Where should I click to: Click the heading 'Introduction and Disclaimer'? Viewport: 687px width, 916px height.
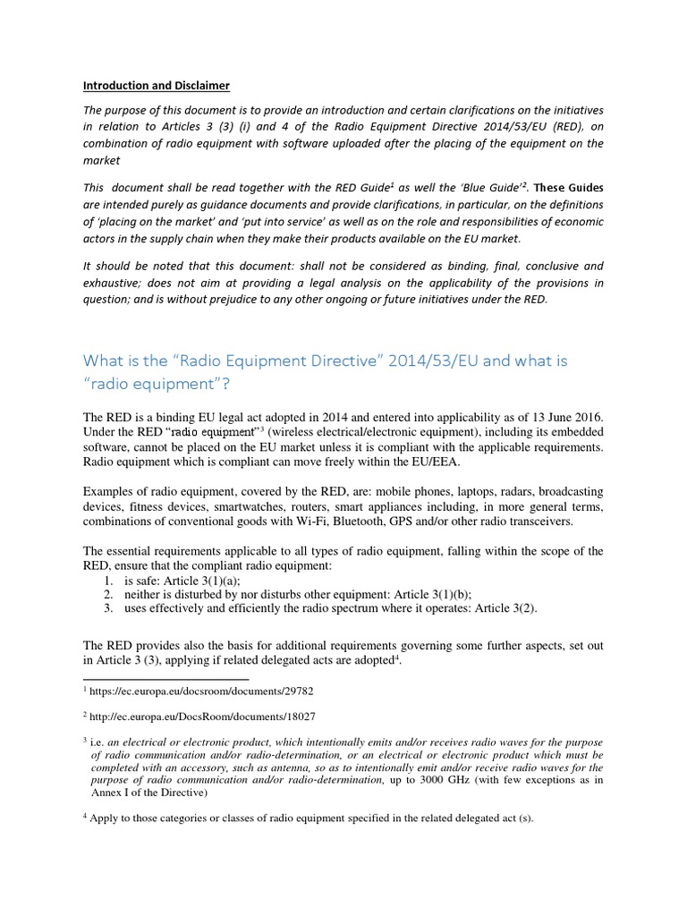pos(157,86)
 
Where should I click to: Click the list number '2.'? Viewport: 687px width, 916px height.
pos(107,594)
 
